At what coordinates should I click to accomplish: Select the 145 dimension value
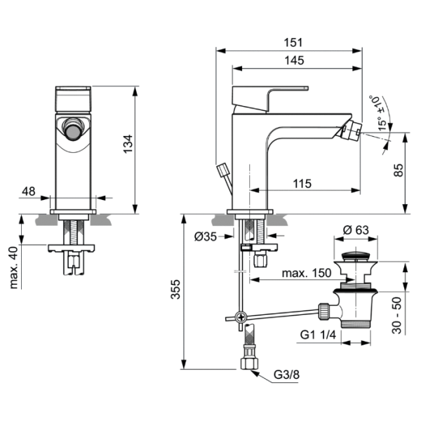coord(295,60)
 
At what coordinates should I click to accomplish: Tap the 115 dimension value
coord(302,183)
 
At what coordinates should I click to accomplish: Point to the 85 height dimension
coord(398,171)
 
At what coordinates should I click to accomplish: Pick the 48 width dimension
coord(29,191)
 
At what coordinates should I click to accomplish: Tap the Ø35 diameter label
coord(205,236)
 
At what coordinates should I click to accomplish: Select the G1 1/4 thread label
coord(318,335)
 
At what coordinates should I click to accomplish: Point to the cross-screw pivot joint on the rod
coord(241,317)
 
